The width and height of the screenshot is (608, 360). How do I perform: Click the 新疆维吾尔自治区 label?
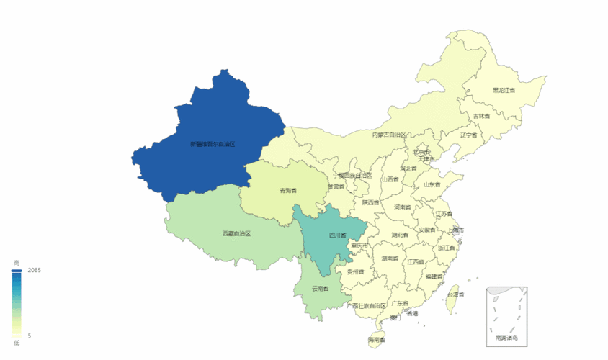[x=213, y=144]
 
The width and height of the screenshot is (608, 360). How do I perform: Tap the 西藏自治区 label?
[x=236, y=234]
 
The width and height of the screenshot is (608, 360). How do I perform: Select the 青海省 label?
[x=288, y=191]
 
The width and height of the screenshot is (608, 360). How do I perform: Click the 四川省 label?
[x=338, y=235]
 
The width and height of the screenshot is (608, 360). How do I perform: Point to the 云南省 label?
[x=320, y=289]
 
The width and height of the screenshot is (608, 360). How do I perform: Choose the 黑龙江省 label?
[x=504, y=91]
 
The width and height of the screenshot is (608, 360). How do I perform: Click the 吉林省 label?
[x=481, y=116]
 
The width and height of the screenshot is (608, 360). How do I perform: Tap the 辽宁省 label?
[x=469, y=135]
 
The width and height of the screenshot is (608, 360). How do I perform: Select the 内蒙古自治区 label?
[x=389, y=135]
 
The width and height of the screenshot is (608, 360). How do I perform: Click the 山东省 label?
[x=432, y=184]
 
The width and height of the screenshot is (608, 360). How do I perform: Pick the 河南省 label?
[x=403, y=207]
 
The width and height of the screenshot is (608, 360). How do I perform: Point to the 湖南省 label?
[x=390, y=258]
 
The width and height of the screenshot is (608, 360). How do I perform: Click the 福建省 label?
[x=434, y=276]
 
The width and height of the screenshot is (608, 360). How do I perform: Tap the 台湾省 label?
[x=456, y=294]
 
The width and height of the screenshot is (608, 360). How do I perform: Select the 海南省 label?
[x=377, y=340]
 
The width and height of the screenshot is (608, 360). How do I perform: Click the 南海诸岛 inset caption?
[x=506, y=337]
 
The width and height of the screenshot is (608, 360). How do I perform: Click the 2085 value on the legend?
[x=35, y=270]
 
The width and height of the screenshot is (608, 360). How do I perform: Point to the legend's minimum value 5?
[x=30, y=336]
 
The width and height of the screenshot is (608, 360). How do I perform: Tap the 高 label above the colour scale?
[x=17, y=262]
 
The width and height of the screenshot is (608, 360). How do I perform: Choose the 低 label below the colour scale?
[x=17, y=343]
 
